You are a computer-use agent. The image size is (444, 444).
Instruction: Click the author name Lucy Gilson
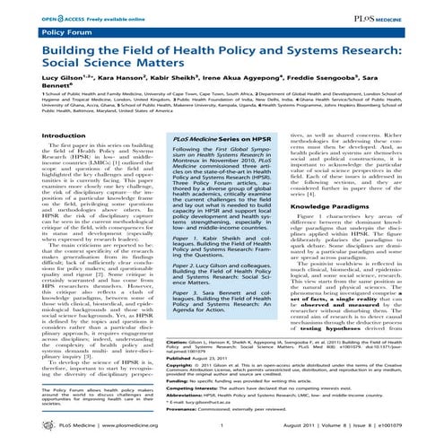[41, 74]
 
